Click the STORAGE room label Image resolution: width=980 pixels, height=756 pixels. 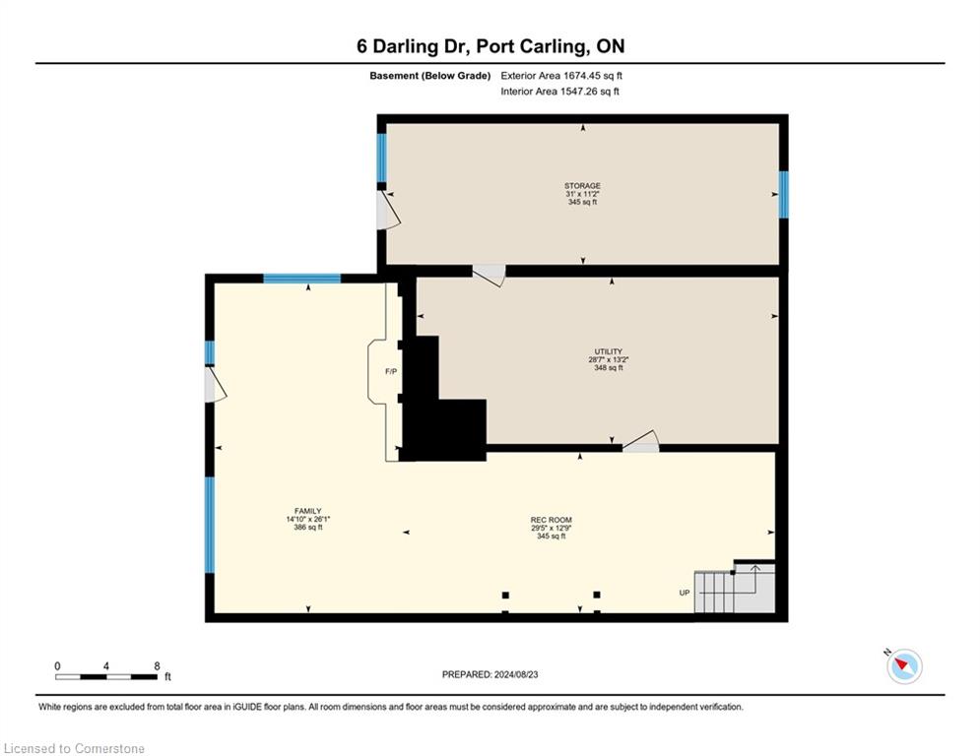point(582,186)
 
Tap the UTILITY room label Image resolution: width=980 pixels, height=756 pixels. point(608,351)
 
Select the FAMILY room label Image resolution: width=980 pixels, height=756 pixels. point(308,511)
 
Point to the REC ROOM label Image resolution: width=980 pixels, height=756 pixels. point(552,520)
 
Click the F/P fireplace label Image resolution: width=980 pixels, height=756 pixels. point(391,372)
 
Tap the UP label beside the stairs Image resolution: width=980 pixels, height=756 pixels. point(685,593)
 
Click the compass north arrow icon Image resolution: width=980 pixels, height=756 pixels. point(904,666)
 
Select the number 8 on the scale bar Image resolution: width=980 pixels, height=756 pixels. point(157,666)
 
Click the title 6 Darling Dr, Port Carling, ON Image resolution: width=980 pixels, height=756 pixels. point(490,46)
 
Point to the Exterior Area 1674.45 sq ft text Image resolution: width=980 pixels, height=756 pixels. point(561,76)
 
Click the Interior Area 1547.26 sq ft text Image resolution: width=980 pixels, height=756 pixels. point(560,92)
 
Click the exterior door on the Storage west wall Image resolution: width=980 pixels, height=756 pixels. point(387,210)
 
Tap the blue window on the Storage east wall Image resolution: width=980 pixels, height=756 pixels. point(784,195)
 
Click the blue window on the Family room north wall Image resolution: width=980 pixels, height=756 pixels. point(301,279)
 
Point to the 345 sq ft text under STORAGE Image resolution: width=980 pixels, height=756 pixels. point(582,203)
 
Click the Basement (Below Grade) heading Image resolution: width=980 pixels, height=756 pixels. point(430,76)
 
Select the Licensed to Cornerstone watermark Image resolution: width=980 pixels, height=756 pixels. point(74,748)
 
